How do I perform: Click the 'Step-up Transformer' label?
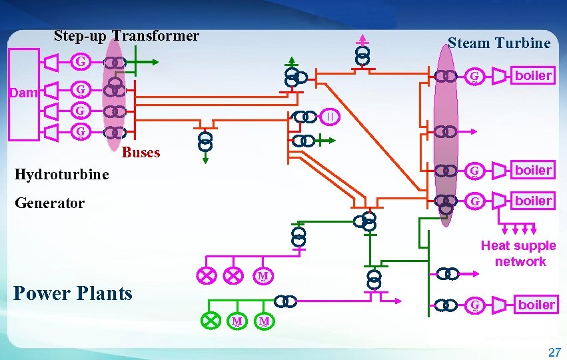pos(126,36)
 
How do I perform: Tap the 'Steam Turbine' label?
pos(499,43)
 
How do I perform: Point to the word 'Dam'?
pos(25,93)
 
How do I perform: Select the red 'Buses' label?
pos(141,153)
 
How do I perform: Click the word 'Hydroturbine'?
pos(62,175)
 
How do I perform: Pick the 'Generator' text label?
pos(50,203)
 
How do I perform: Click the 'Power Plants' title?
pos(73,293)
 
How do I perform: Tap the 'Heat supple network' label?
pos(518,254)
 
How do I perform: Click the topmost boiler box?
pos(533,75)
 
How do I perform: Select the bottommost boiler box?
pos(536,305)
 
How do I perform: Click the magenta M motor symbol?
pos(263,275)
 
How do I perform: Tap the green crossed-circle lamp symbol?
pos(211,321)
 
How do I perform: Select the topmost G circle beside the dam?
pos(80,62)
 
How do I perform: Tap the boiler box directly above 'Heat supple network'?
pos(533,201)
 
